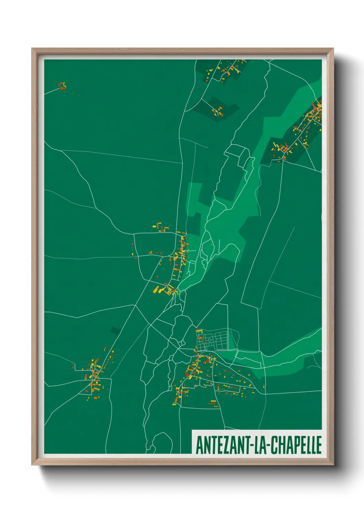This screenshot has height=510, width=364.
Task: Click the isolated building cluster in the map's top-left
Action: coord(62,86)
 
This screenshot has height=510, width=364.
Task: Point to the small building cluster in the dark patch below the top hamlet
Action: coord(217,111)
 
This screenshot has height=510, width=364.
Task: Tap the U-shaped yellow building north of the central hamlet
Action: coord(159,226)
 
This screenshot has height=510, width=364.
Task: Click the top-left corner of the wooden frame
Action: coord(32,49)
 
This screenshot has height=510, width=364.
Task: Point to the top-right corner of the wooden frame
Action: coord(333,49)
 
